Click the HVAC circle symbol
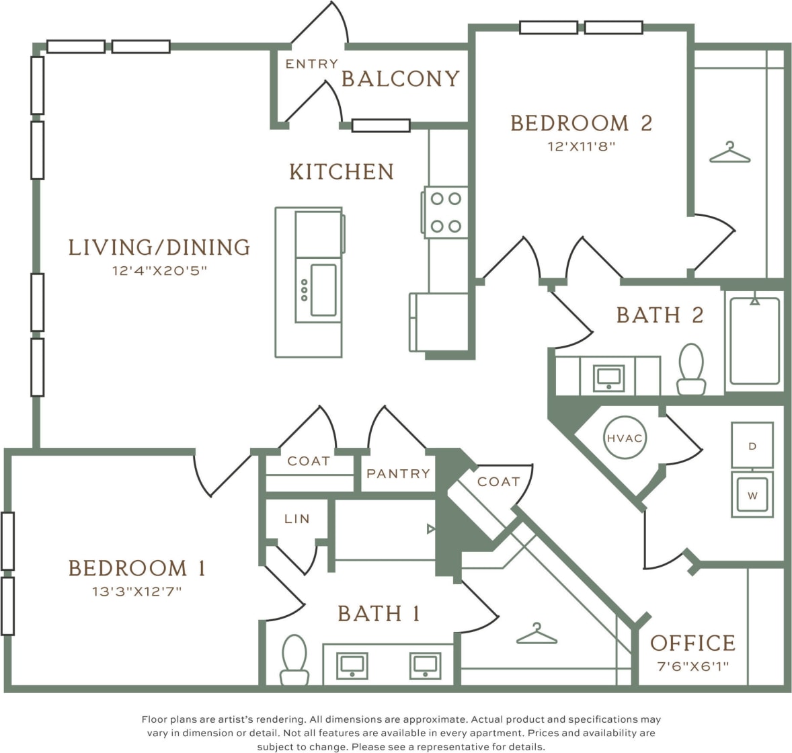(625, 438)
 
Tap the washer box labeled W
(752, 496)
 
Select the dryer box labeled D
(752, 446)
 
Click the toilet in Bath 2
(691, 369)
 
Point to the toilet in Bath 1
(294, 660)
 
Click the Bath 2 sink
(608, 378)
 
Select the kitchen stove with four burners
(446, 212)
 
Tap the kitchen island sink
(323, 290)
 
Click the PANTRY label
(398, 474)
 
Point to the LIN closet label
(296, 519)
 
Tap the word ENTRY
(311, 64)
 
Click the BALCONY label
(401, 79)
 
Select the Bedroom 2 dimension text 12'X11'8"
(582, 146)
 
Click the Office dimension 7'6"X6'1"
(692, 667)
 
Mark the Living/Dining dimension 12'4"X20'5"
(159, 271)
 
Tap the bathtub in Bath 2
(754, 341)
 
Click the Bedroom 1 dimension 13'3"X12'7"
(137, 592)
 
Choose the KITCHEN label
(342, 172)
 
